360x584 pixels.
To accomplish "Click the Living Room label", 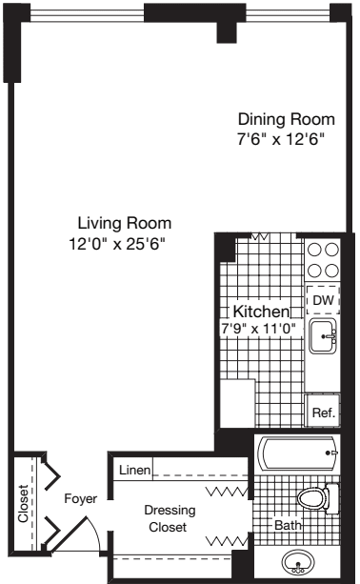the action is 125,223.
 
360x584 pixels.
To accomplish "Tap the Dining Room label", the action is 287,119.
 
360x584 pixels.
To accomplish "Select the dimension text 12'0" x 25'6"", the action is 117,244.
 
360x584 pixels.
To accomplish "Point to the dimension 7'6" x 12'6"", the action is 281,139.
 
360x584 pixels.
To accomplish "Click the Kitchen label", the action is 261,312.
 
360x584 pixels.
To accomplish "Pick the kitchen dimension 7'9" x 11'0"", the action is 258,329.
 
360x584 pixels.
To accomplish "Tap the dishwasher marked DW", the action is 323,300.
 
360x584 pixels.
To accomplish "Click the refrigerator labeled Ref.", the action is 323,411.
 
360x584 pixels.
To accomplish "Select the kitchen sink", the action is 323,336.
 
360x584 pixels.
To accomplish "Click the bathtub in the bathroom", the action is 297,453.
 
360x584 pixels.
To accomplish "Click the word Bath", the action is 288,525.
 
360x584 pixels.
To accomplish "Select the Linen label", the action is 135,470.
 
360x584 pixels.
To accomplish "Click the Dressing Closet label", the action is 170,518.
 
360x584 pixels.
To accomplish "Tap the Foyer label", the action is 80,498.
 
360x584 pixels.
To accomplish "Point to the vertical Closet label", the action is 23,503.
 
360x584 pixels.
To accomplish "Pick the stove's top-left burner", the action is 314,250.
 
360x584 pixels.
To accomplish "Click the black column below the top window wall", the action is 227,32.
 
